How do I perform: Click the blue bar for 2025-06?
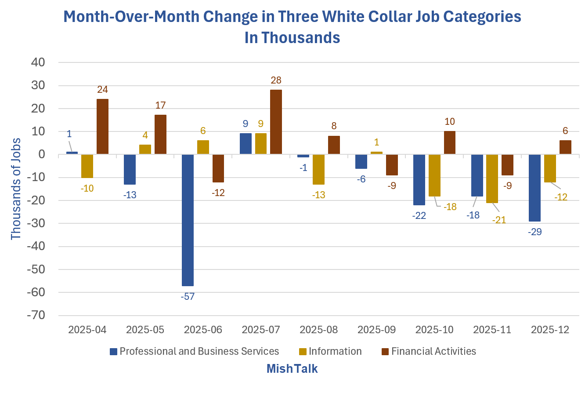pyautogui.click(x=188, y=220)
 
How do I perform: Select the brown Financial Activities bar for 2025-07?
pyautogui.click(x=276, y=122)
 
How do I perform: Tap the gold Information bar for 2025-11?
pyautogui.click(x=492, y=178)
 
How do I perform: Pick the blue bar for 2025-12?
pyautogui.click(x=534, y=188)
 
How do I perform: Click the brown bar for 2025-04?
pyautogui.click(x=102, y=127)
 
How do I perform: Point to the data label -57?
pyautogui.click(x=188, y=296)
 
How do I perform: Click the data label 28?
pyautogui.click(x=276, y=80)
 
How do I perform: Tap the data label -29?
pyautogui.click(x=534, y=232)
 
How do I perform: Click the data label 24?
pyautogui.click(x=102, y=89)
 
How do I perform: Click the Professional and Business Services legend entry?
pyautogui.click(x=194, y=351)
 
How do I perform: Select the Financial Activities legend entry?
pyautogui.click(x=429, y=351)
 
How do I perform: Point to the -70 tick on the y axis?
pyautogui.click(x=36, y=315)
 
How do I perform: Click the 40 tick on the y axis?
pyautogui.click(x=38, y=62)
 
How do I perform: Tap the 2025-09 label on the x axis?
pyautogui.click(x=376, y=330)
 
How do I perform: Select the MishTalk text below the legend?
pyautogui.click(x=292, y=368)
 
